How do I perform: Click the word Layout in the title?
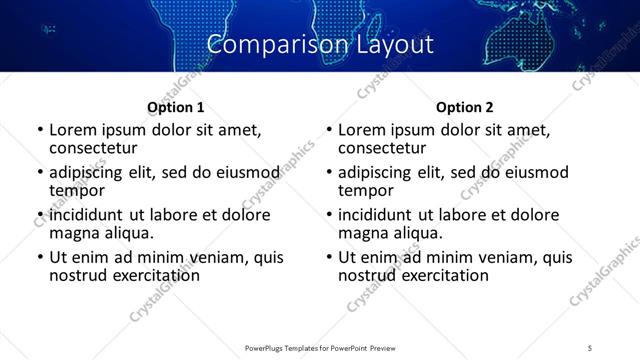[x=393, y=45]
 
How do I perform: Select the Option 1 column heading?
[x=175, y=107]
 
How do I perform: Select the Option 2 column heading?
[x=464, y=107]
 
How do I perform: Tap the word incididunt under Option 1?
[x=86, y=215]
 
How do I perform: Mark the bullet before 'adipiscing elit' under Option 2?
[x=328, y=173]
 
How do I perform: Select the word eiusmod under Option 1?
[x=246, y=172]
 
